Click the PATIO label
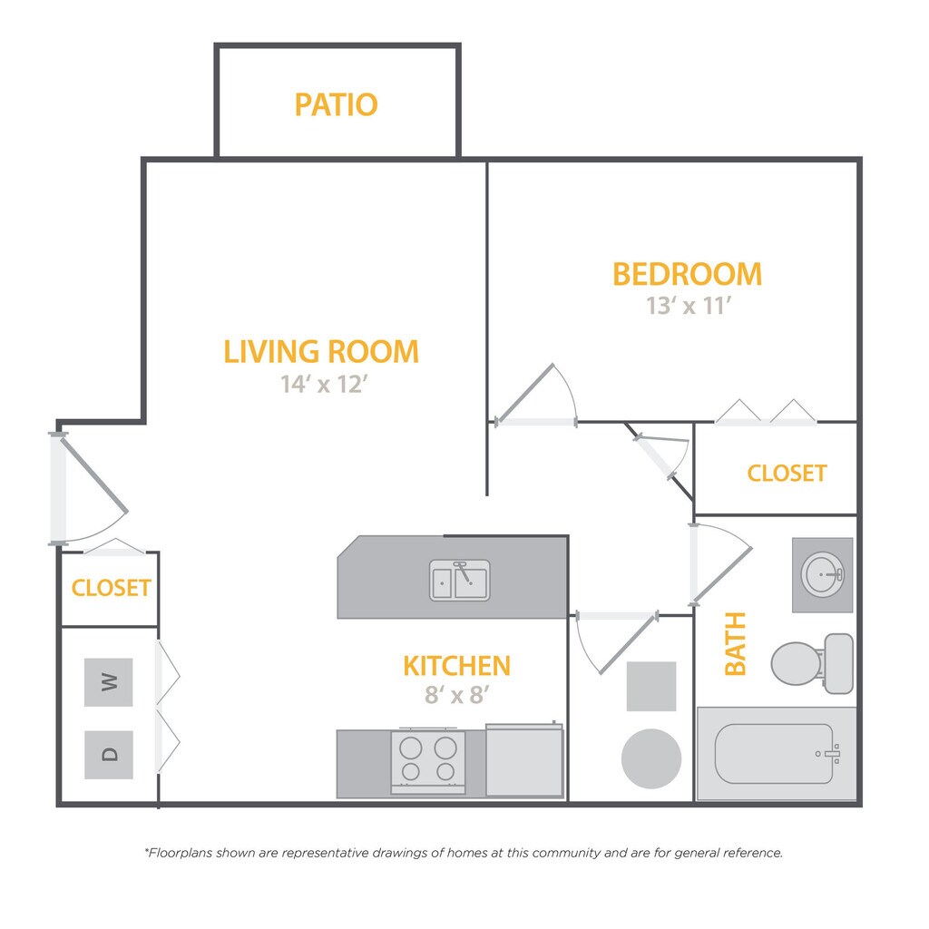[x=336, y=105]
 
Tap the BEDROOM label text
[x=688, y=274]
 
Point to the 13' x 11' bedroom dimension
[x=689, y=306]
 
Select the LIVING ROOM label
[x=321, y=351]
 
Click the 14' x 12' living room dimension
[x=324, y=384]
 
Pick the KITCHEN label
[x=457, y=666]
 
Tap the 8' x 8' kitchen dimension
[x=457, y=694]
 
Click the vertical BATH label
[x=735, y=644]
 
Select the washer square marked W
[x=109, y=682]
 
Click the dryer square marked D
[x=109, y=755]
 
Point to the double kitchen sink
[x=460, y=581]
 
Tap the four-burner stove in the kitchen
[x=428, y=761]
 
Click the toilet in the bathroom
[x=813, y=663]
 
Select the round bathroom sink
[x=822, y=574]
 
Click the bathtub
[x=777, y=754]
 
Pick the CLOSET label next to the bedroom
[x=787, y=474]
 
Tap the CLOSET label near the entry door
[x=111, y=588]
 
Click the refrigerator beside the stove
[x=524, y=760]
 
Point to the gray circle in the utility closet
[x=651, y=759]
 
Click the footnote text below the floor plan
[x=464, y=853]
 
